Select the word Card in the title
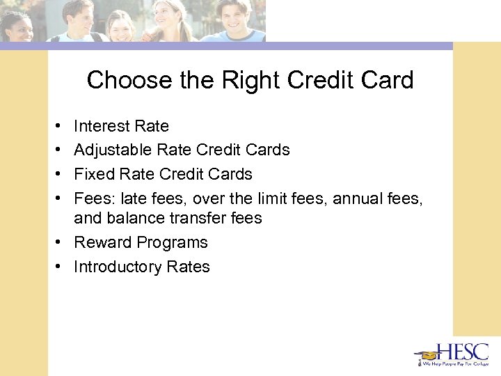[386, 80]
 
